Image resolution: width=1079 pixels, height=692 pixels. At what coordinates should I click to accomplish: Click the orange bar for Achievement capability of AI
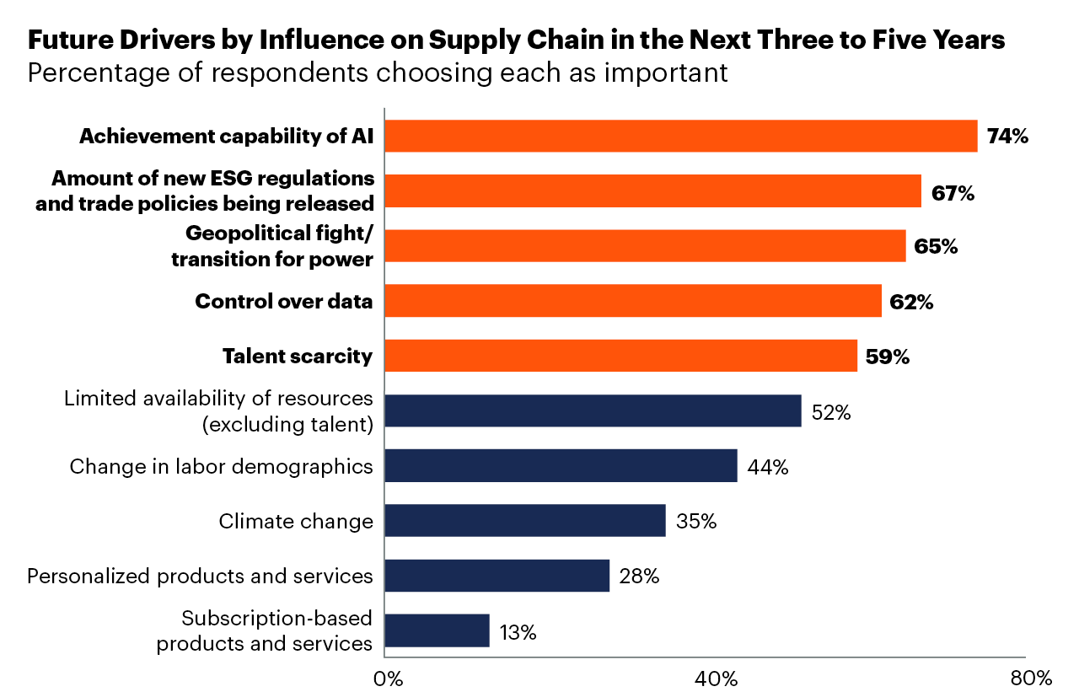[x=680, y=136]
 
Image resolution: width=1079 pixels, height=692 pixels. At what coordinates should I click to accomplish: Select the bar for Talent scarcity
[x=620, y=356]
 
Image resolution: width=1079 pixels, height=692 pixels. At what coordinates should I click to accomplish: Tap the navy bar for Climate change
[x=524, y=520]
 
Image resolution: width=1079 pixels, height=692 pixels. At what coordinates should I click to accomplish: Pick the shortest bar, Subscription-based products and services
[x=437, y=630]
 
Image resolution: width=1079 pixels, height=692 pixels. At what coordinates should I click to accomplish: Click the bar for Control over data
[x=632, y=301]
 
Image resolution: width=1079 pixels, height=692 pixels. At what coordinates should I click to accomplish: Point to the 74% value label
[x=1007, y=137]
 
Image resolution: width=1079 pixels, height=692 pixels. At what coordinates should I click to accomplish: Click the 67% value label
[x=953, y=193]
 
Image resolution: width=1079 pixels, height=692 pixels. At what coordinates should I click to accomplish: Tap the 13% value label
[x=517, y=632]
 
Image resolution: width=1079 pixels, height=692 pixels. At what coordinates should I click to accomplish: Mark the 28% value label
[x=639, y=577]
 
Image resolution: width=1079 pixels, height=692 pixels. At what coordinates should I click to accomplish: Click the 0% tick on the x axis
[x=387, y=679]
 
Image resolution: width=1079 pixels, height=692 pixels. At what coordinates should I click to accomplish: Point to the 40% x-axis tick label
[x=717, y=679]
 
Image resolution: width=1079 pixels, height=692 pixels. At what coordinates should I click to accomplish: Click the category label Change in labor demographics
[x=221, y=466]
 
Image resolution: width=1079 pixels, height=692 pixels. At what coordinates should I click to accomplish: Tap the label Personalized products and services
[x=200, y=576]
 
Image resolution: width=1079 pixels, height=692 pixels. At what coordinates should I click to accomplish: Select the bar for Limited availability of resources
[x=593, y=410]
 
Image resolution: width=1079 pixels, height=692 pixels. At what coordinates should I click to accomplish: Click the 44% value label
[x=768, y=467]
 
